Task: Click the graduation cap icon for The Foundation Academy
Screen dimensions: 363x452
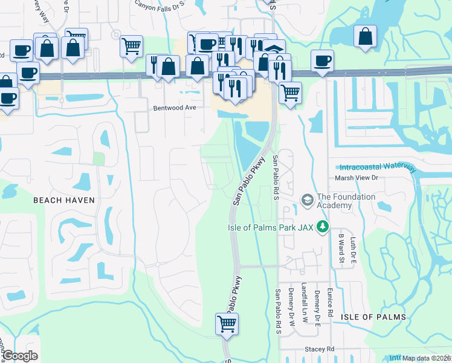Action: pyautogui.click(x=307, y=200)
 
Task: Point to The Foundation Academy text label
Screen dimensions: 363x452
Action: pyautogui.click(x=346, y=201)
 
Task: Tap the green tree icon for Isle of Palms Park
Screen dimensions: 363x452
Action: pyautogui.click(x=323, y=226)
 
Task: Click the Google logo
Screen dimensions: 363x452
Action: pyautogui.click(x=20, y=356)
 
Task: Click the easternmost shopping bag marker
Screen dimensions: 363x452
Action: pyautogui.click(x=366, y=37)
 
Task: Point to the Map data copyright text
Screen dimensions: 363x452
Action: pyautogui.click(x=427, y=358)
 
